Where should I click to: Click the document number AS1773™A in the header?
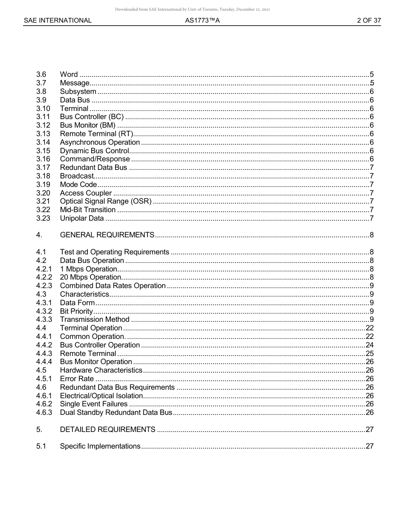point(202,20)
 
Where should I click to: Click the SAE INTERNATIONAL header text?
point(58,20)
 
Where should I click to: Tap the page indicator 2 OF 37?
point(369,20)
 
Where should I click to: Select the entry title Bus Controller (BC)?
point(92,117)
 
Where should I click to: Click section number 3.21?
point(43,201)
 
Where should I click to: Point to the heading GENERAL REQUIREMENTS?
point(107,235)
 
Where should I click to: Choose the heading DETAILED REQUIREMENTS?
point(107,429)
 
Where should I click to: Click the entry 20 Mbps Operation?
point(90,277)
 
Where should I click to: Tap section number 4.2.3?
point(44,286)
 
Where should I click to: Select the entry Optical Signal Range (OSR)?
point(106,201)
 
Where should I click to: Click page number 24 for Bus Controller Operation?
point(370,345)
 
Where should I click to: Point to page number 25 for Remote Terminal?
point(370,353)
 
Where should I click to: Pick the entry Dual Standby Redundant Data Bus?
point(116,413)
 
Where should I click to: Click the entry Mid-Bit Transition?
point(87,210)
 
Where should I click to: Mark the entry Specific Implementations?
point(100,446)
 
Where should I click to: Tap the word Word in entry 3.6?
point(69,75)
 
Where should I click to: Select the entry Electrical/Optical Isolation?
point(101,396)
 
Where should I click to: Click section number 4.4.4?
point(44,362)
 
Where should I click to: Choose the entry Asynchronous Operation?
point(100,142)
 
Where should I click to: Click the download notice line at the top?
point(192,9)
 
